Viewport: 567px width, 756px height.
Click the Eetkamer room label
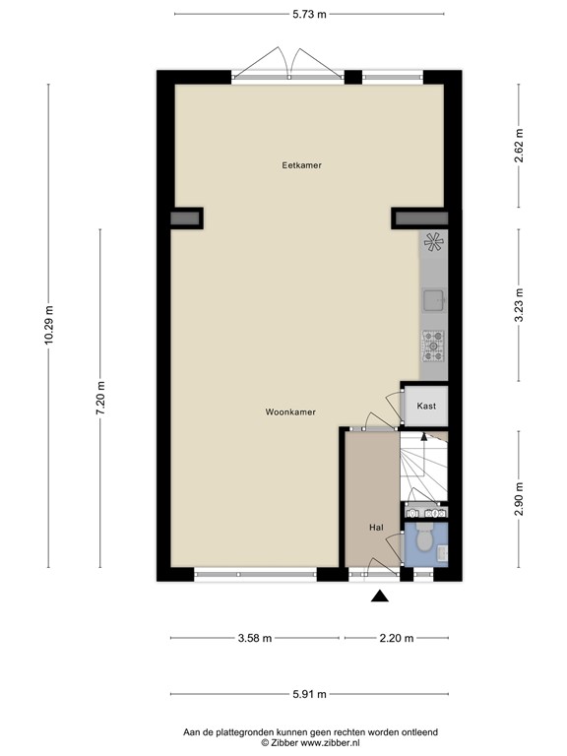coord(301,165)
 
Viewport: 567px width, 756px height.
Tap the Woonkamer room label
coord(290,412)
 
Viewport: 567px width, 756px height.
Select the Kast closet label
coord(426,406)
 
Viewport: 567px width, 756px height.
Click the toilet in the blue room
coord(425,540)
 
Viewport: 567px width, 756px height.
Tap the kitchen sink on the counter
coord(433,300)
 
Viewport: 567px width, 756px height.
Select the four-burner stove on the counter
coord(433,346)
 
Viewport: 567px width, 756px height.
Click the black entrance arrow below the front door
coord(380,595)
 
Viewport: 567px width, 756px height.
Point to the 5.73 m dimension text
coord(309,14)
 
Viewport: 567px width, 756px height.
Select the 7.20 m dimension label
coord(99,398)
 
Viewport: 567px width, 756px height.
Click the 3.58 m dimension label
coord(254,638)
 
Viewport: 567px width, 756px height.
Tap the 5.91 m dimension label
coord(309,693)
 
